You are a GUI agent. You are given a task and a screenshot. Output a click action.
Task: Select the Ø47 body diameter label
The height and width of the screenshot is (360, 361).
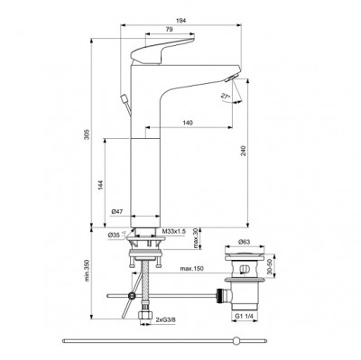click(x=116, y=211)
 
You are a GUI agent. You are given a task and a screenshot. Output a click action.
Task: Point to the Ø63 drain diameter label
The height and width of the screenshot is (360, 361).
click(x=245, y=244)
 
